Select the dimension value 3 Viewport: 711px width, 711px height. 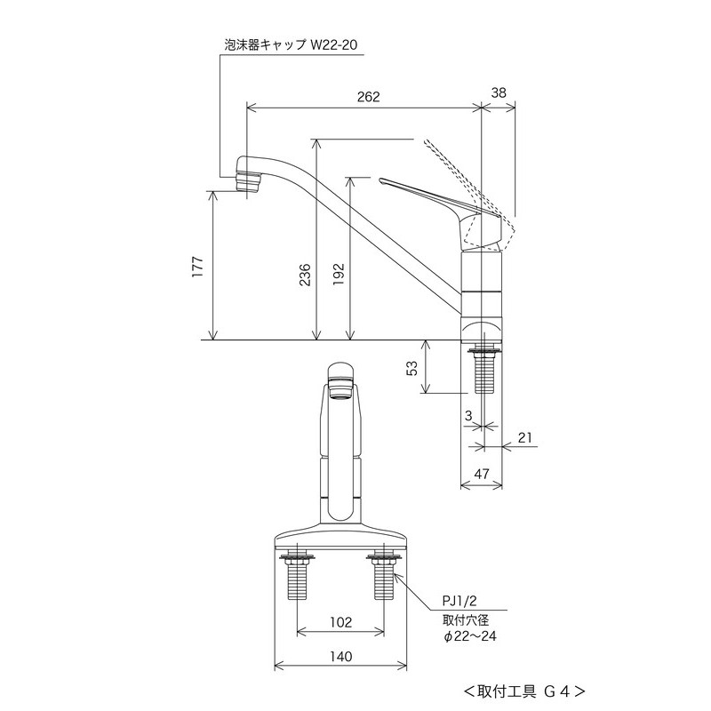pyautogui.click(x=467, y=415)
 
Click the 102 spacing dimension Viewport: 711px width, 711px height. pyautogui.click(x=340, y=621)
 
